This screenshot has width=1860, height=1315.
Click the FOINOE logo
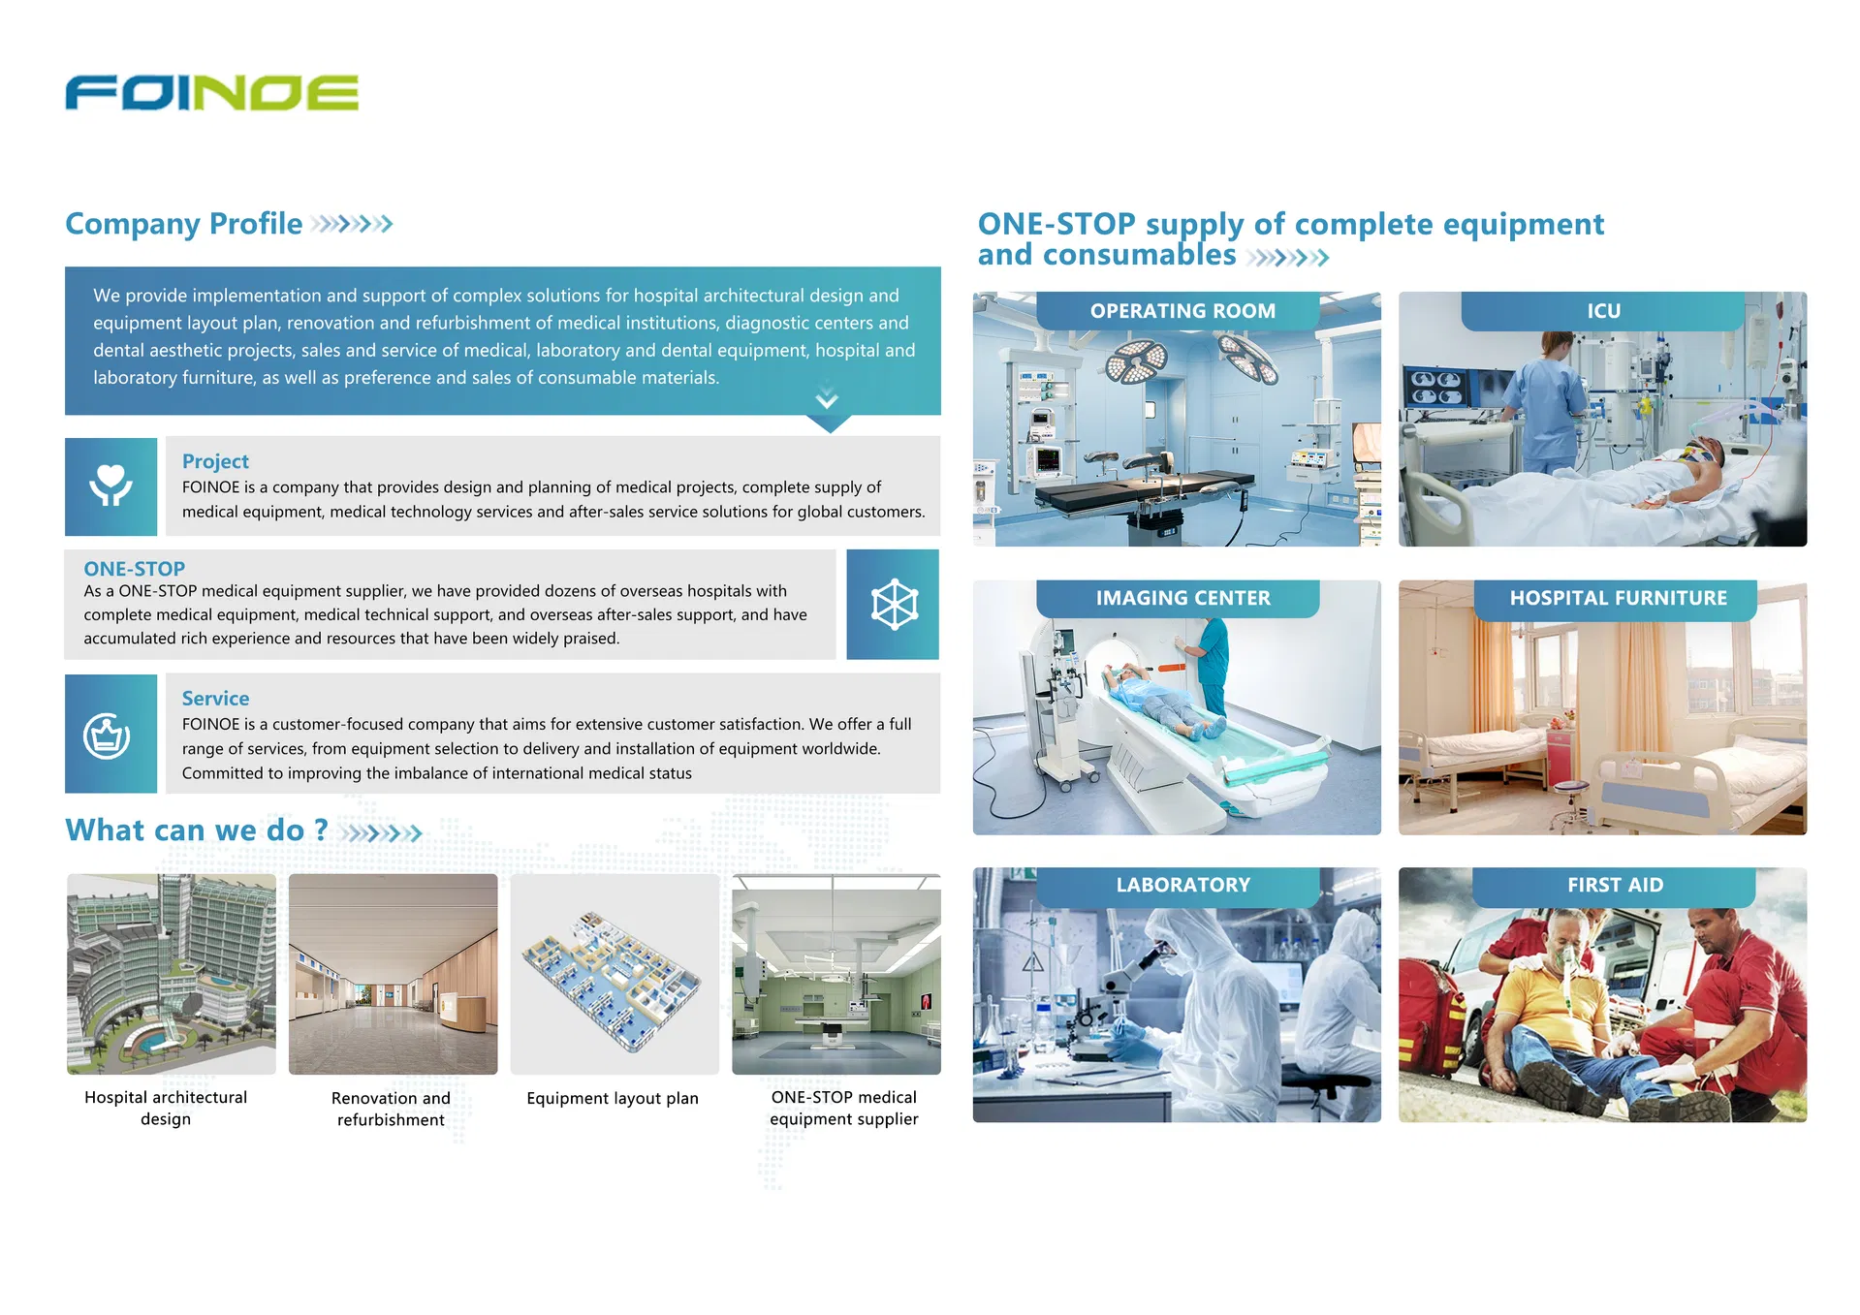tap(211, 93)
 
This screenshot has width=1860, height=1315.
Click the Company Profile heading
tap(183, 224)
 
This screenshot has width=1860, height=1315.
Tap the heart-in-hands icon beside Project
tap(110, 485)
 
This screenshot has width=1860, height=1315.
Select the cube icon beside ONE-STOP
tap(894, 605)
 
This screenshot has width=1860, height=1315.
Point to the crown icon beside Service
tap(107, 736)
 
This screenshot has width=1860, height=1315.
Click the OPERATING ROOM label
tap(1182, 311)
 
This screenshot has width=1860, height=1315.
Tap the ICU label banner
tap(1603, 311)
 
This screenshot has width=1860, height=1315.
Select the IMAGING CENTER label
tap(1182, 598)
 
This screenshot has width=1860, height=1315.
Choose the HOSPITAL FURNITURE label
tap(1618, 598)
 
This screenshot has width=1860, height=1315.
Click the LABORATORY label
tap(1182, 885)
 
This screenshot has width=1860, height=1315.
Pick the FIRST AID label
tap(1615, 885)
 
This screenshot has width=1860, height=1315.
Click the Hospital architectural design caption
tap(166, 1108)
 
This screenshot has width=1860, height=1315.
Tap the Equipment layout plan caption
tap(613, 1098)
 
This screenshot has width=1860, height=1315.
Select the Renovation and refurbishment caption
tap(391, 1109)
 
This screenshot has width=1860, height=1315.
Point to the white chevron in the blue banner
tap(827, 398)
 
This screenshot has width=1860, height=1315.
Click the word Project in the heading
tap(215, 461)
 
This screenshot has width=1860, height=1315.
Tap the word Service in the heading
tap(215, 699)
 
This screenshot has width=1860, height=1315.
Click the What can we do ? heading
tap(197, 830)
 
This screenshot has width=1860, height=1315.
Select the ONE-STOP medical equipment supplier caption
tap(844, 1108)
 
